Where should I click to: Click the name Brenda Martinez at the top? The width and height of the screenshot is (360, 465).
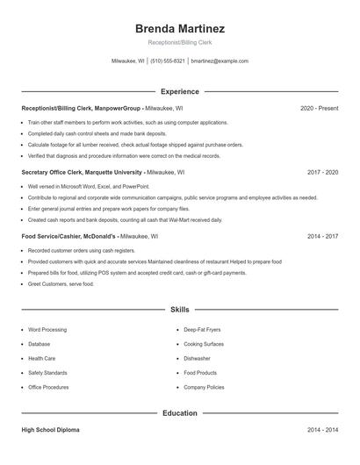coord(179,28)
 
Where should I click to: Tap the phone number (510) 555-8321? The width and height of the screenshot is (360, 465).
coord(168,61)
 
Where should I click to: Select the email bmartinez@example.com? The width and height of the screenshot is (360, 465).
coord(220,61)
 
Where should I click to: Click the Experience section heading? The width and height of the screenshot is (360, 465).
coord(179,91)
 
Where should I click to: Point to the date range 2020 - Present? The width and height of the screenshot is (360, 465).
coord(319,108)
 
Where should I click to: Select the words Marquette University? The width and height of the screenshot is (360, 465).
coord(112,172)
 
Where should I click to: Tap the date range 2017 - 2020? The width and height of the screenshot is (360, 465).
coord(322,172)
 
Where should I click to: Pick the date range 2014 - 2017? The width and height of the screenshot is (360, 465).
coord(322,236)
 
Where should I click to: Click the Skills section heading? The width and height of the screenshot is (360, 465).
coord(179,310)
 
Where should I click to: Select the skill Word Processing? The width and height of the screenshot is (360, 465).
coord(47,330)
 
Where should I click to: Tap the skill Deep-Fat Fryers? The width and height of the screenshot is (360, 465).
coord(201,330)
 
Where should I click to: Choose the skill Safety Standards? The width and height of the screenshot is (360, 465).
coord(48,373)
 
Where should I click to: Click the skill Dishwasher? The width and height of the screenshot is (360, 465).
coord(197,359)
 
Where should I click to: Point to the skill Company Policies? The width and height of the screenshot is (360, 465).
coord(204,387)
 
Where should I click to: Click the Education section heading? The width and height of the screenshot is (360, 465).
coord(179,412)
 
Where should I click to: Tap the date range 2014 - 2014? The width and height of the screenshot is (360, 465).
coord(322,430)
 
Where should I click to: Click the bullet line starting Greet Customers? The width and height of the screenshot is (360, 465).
coord(61,284)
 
